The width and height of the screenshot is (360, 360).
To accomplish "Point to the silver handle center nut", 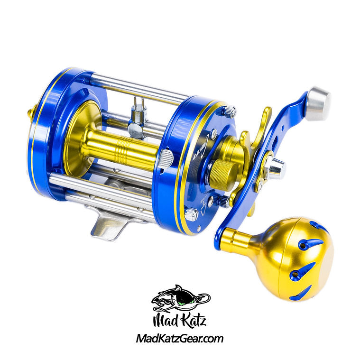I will pyautogui.click(x=275, y=166).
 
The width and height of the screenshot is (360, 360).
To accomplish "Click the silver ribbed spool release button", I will pyautogui.click(x=165, y=158).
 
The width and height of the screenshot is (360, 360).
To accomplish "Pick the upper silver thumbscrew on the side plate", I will pyautogui.click(x=230, y=111).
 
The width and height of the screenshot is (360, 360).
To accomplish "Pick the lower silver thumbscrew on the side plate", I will pyautogui.click(x=191, y=214).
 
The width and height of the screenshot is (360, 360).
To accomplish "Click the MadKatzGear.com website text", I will pyautogui.click(x=179, y=339).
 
